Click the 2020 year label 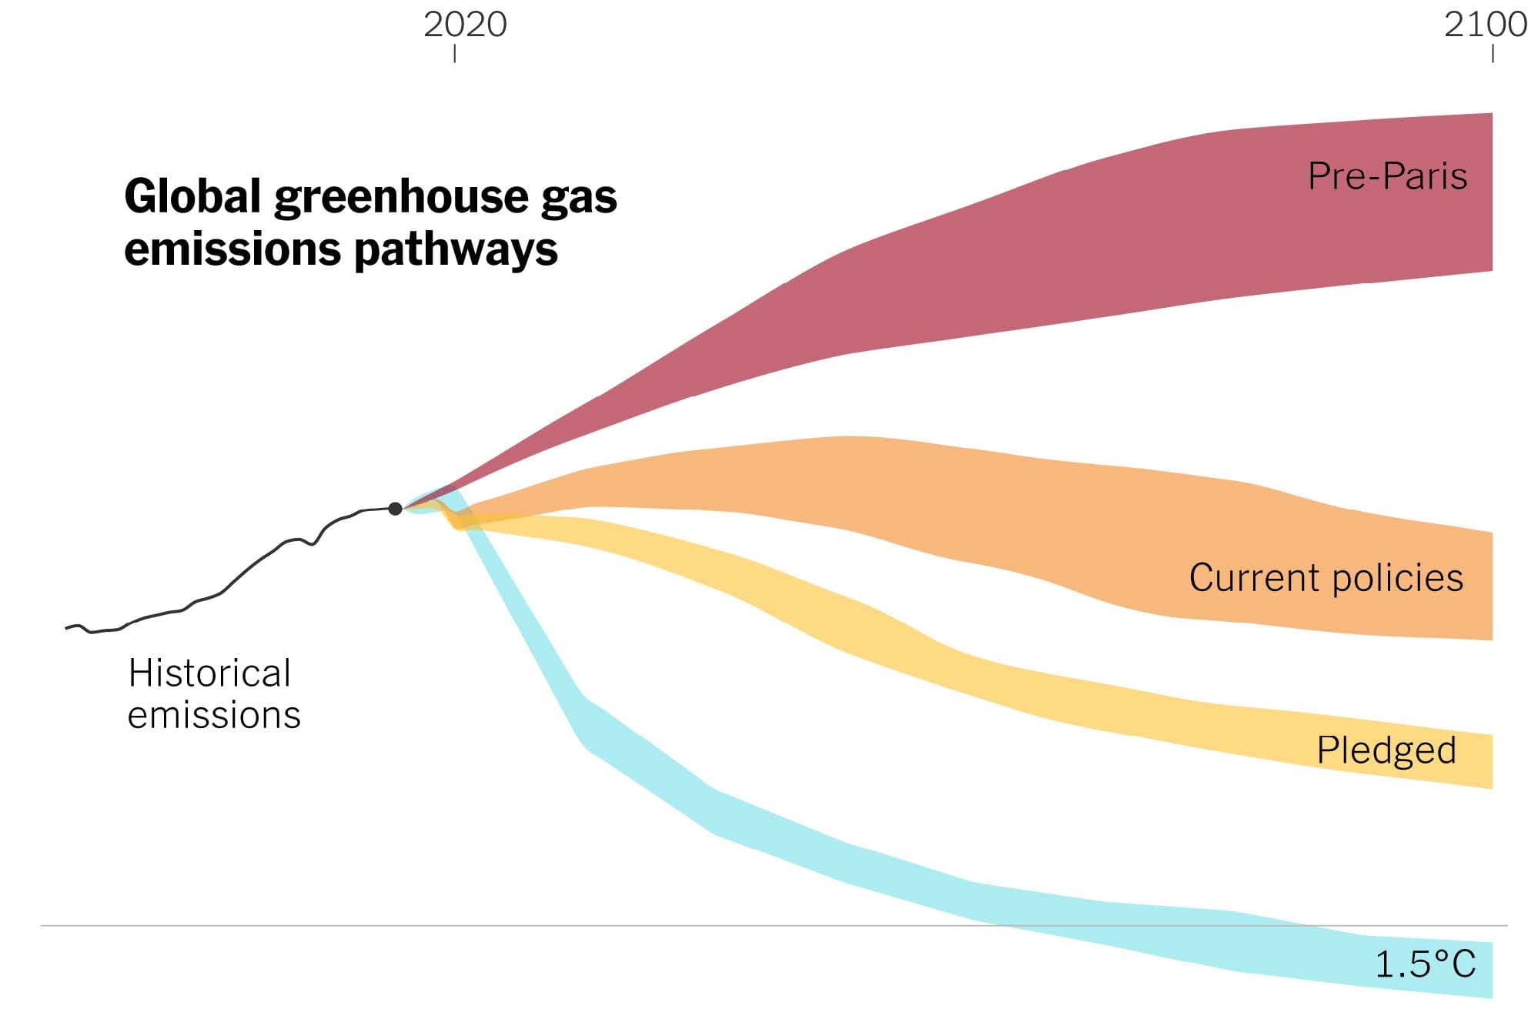(x=465, y=25)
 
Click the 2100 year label (x=1485, y=25)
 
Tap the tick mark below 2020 (x=455, y=53)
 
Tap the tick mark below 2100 (x=1493, y=53)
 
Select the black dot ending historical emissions (x=395, y=509)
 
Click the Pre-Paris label (x=1387, y=175)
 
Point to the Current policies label (x=1326, y=577)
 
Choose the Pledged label (x=1386, y=750)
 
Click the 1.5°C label (x=1425, y=964)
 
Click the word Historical (x=209, y=673)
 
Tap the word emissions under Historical (x=214, y=715)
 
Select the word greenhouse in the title (x=400, y=198)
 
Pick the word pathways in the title (x=456, y=250)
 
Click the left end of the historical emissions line (x=68, y=628)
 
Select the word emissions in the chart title (x=232, y=249)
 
